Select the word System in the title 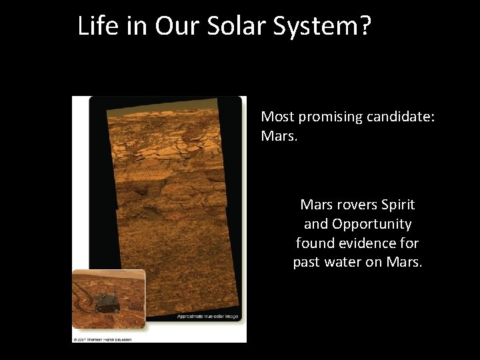313,27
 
